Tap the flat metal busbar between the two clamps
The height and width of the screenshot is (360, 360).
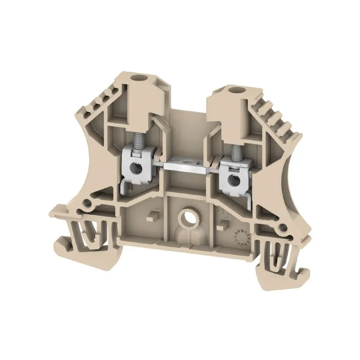[x=186, y=165]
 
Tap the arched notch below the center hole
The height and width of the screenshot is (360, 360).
[x=185, y=238]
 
